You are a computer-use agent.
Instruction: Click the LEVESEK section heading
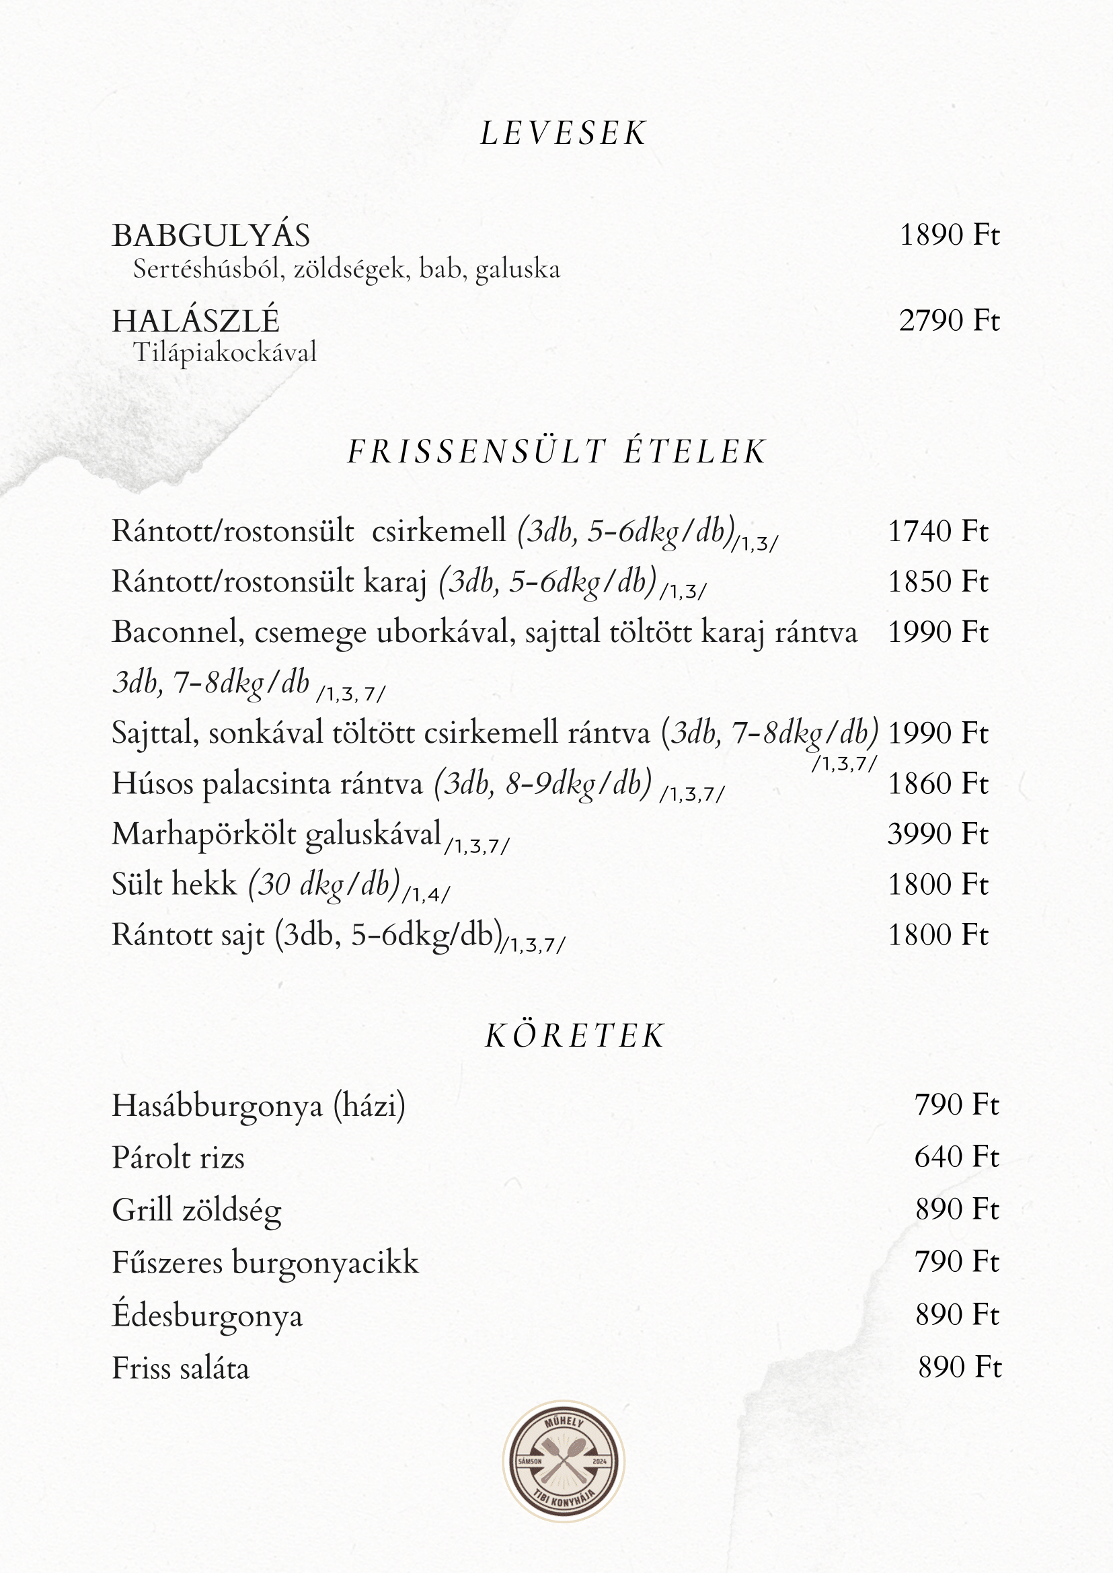click(563, 133)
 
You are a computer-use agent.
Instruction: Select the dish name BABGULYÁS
click(211, 236)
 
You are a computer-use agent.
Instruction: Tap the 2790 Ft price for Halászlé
click(948, 321)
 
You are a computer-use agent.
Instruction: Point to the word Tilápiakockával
click(224, 353)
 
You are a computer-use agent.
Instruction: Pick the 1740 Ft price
click(937, 532)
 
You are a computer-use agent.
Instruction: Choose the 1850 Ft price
click(937, 581)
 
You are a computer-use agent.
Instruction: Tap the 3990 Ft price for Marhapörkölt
click(937, 834)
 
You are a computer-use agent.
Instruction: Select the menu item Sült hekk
click(174, 885)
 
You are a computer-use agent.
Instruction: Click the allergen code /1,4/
click(426, 895)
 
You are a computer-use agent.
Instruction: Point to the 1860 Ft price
click(937, 784)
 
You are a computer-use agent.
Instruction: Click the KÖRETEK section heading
click(574, 1036)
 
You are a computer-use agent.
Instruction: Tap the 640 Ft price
click(956, 1157)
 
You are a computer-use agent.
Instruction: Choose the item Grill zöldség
click(196, 1211)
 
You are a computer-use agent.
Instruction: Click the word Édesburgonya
click(207, 1316)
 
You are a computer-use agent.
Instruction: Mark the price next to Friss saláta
click(959, 1367)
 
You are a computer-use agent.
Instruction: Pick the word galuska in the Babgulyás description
click(517, 270)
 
